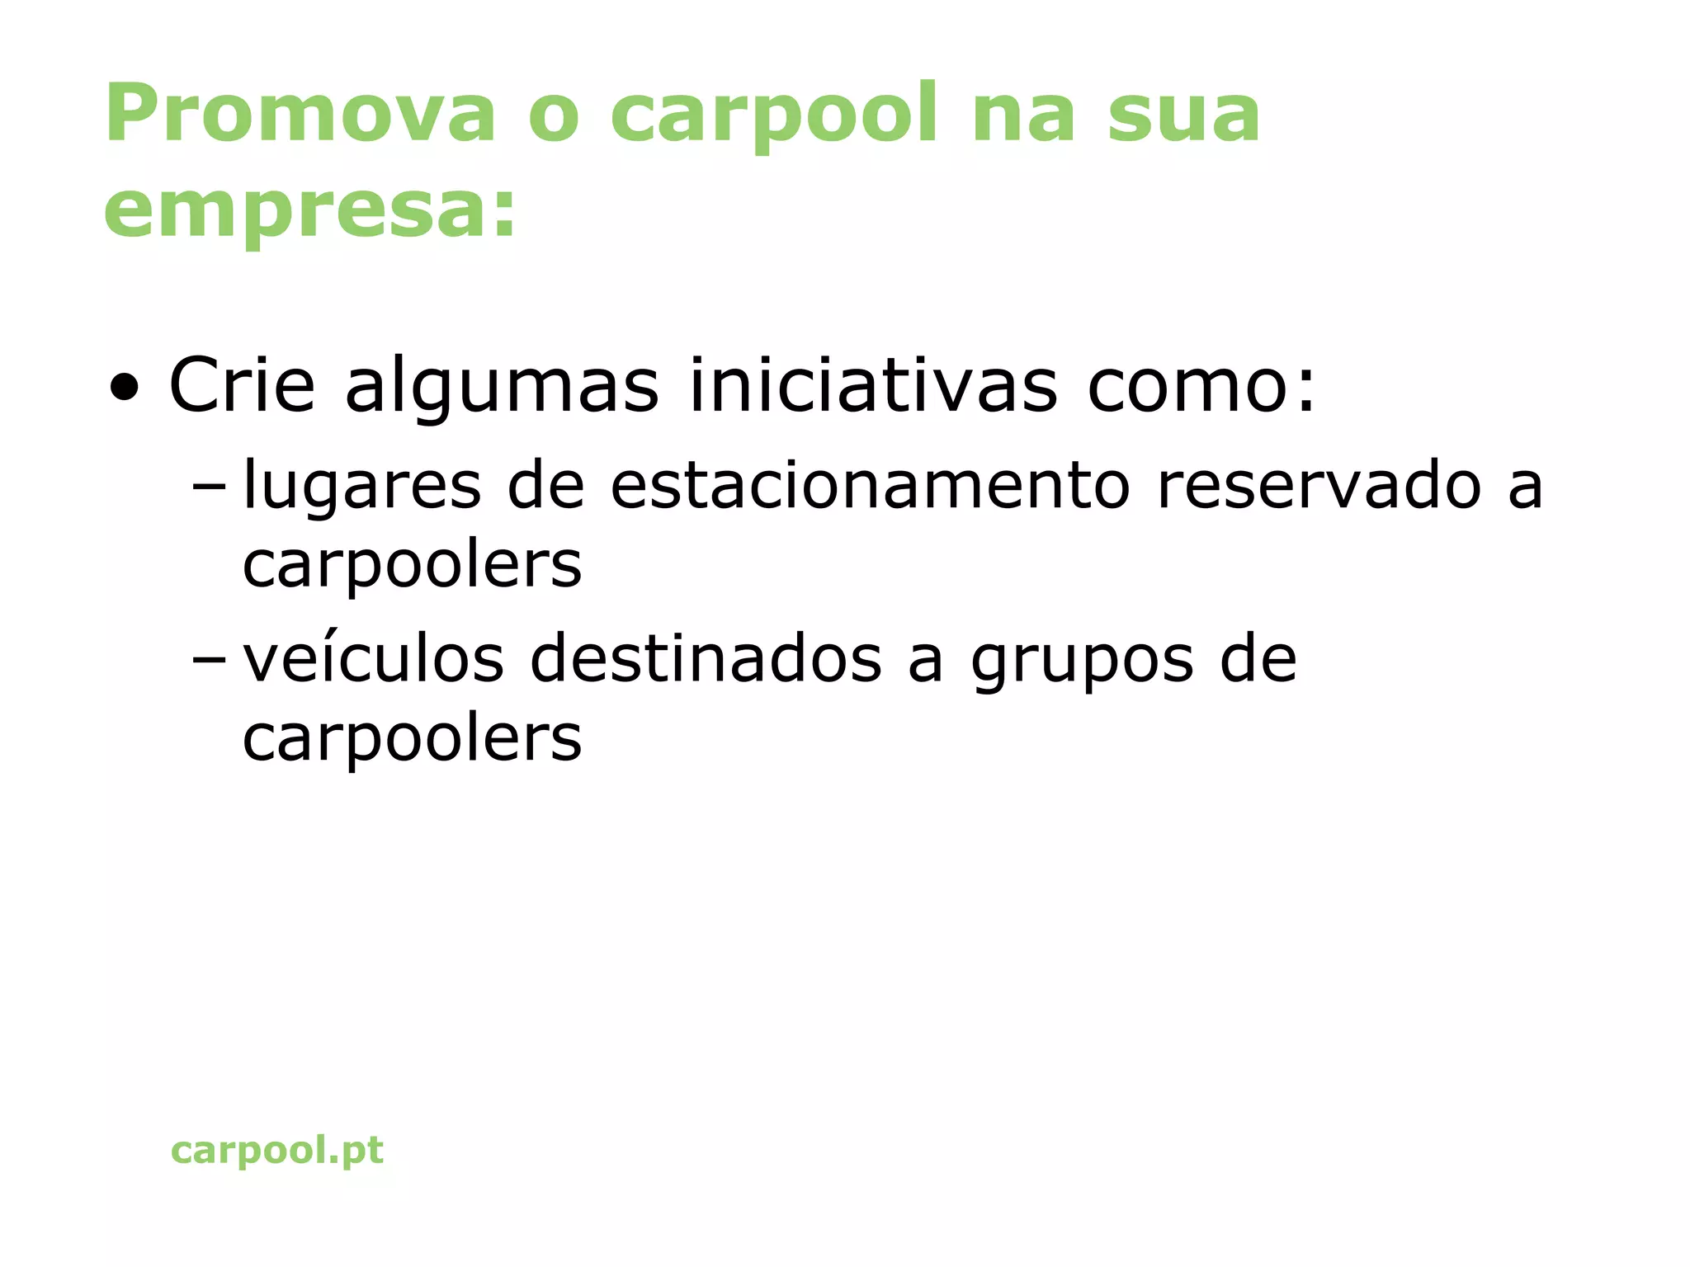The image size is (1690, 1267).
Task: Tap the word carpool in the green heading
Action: pos(774,115)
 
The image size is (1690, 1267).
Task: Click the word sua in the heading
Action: pos(1183,115)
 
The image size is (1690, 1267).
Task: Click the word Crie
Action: pos(242,385)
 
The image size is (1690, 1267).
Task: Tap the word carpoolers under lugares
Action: pos(412,567)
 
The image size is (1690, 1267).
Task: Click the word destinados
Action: pos(706,659)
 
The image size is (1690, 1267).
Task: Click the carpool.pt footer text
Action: pos(277,1150)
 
